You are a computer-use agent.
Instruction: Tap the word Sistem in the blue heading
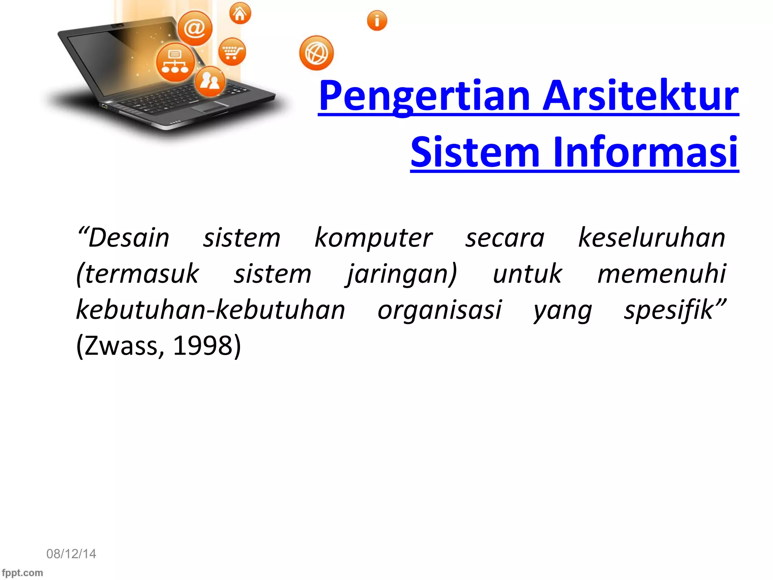(x=475, y=152)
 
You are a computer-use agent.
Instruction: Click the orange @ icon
(x=195, y=28)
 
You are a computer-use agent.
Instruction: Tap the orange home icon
(x=240, y=14)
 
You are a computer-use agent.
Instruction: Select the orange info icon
(x=377, y=20)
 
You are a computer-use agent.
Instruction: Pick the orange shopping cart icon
(x=232, y=52)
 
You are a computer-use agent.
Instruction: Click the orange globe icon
(x=316, y=53)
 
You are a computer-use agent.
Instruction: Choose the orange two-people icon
(x=210, y=81)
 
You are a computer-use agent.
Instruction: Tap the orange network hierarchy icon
(x=175, y=62)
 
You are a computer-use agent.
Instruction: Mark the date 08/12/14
(x=71, y=554)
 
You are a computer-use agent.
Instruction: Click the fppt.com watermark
(x=23, y=572)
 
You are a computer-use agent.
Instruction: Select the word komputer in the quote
(x=373, y=238)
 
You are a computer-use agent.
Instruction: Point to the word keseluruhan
(x=651, y=238)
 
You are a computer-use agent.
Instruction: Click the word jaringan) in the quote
(x=402, y=275)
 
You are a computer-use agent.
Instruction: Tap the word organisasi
(x=439, y=310)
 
